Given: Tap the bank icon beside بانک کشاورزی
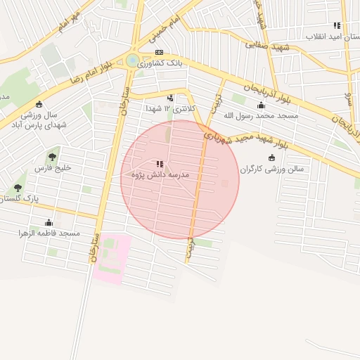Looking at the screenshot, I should [159, 52].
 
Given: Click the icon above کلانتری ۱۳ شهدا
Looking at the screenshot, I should [170, 98].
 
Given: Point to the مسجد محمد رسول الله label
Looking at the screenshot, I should [260, 115].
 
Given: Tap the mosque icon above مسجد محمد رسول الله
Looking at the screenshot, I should [261, 104].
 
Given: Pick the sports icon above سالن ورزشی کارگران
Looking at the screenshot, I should [272, 157].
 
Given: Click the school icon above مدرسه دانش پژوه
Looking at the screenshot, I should [149, 163].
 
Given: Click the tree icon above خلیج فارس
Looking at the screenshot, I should [53, 156].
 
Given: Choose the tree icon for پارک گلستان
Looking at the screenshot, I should [18, 188].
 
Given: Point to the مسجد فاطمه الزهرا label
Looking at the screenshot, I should [49, 233].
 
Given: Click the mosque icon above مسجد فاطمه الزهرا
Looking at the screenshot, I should [49, 222].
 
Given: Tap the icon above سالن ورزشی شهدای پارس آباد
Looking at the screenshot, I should [38, 105].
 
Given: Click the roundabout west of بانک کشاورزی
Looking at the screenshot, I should [132, 60].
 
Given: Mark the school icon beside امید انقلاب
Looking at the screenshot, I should [345, 25].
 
